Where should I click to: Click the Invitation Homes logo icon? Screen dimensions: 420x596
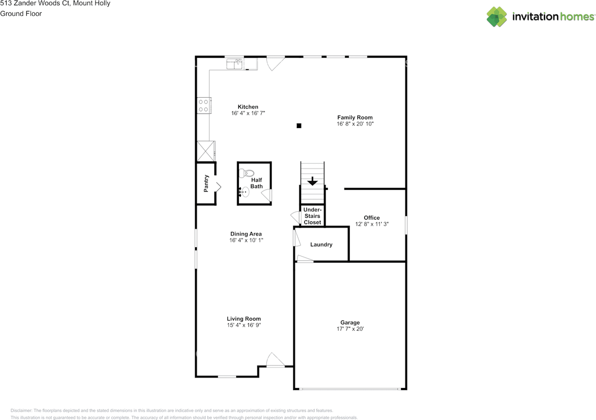click(497, 17)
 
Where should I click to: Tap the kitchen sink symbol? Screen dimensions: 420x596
click(235, 64)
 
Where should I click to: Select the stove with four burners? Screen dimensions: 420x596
click(203, 105)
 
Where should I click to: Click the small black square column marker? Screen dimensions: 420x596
click(299, 125)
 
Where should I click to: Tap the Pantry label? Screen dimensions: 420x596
click(206, 183)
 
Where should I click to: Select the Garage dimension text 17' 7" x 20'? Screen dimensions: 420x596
click(350, 329)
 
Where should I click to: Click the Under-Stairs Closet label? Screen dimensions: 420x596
click(312, 216)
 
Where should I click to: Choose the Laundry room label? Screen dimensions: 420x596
click(321, 244)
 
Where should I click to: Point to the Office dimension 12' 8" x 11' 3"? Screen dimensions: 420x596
click(372, 224)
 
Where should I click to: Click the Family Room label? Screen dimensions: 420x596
click(355, 117)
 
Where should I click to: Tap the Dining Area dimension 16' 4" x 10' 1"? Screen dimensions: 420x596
click(246, 240)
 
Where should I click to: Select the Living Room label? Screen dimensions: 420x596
click(244, 319)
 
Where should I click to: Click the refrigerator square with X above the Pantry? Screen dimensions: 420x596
click(205, 151)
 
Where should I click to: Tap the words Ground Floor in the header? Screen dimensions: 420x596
click(21, 14)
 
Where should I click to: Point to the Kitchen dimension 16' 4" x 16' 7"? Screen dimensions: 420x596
click(248, 113)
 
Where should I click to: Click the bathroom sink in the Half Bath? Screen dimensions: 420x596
click(245, 191)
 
